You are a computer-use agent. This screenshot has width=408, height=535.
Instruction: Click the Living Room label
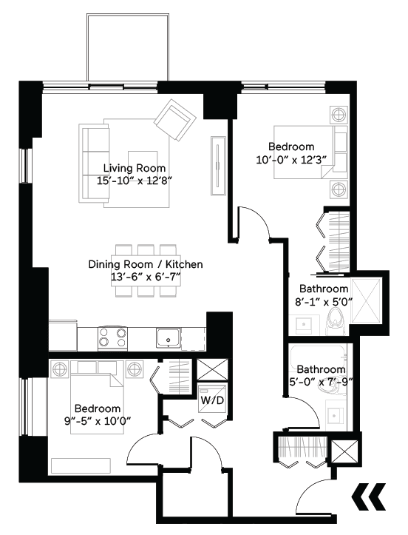point(135,168)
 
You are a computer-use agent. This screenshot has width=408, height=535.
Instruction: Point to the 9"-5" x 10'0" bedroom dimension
point(98,422)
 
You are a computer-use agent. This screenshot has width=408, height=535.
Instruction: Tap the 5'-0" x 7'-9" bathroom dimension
point(320,383)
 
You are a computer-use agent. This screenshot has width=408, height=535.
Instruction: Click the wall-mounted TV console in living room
point(218,166)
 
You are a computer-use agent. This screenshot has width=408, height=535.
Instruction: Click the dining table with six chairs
point(146,270)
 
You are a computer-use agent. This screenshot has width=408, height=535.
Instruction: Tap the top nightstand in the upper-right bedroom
point(339,115)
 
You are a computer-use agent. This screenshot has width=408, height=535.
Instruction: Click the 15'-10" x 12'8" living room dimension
point(135,181)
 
